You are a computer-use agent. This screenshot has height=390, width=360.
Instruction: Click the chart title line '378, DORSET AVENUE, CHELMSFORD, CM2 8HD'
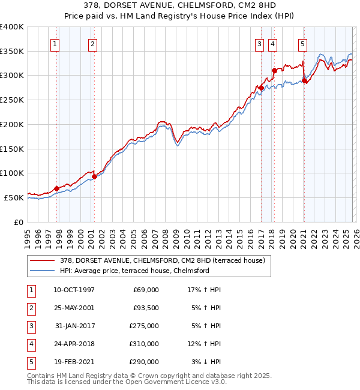click(179, 5)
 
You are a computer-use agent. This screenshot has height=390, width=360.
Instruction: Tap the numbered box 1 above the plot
click(55, 43)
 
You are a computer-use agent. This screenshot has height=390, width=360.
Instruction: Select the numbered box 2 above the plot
click(92, 43)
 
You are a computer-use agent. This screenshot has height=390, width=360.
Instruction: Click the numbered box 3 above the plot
click(259, 43)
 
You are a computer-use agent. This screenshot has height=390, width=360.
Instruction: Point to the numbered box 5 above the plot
click(302, 43)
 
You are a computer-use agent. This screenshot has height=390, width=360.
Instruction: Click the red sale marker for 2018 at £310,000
click(274, 70)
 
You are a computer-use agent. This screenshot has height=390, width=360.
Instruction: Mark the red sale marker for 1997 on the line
click(57, 188)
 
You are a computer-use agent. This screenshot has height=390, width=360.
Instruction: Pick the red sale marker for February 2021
click(304, 80)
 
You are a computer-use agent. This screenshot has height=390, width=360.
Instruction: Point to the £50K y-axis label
click(14, 197)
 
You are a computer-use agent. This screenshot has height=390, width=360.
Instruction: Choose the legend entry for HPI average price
click(134, 271)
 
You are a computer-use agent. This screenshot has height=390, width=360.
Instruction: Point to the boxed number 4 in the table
click(29, 344)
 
